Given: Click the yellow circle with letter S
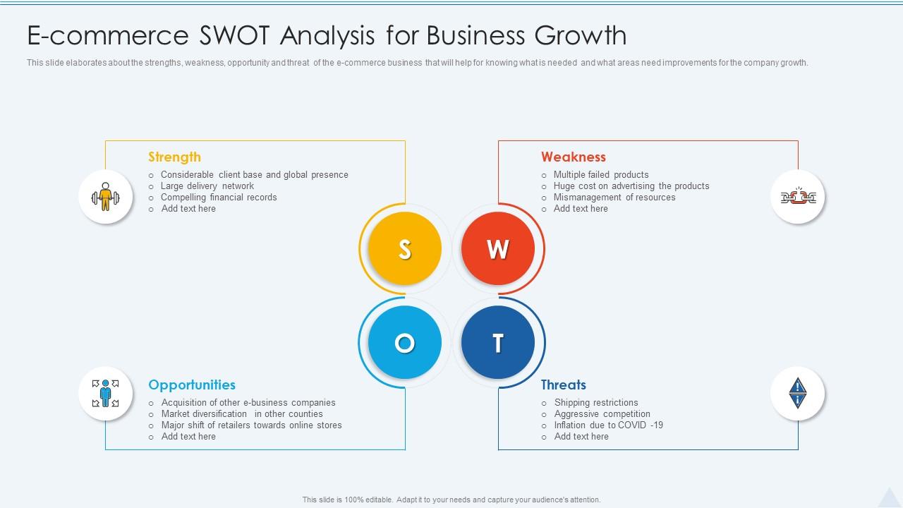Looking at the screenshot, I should (405, 248).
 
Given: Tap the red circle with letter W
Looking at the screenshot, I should (498, 248).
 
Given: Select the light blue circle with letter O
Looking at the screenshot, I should (405, 342).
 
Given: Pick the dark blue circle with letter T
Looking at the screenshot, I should (498, 342).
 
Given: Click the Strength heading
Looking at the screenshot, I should (174, 157).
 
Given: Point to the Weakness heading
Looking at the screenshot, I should (574, 157).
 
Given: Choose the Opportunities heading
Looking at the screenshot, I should (192, 385).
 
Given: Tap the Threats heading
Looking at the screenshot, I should (564, 385).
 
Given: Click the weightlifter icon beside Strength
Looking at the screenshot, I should (106, 197).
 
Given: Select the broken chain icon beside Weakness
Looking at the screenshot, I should (798, 197).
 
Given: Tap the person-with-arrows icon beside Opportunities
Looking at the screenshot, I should (106, 393).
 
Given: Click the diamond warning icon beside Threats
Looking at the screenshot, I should (798, 393).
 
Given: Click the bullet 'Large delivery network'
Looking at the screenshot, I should (207, 186).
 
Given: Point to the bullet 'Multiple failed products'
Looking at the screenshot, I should (601, 175).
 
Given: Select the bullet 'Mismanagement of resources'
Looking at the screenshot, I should (614, 198).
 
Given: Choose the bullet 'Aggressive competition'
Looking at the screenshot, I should (602, 414).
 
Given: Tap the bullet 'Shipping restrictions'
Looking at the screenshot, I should (596, 403).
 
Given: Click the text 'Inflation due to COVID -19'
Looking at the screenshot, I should (609, 425).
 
